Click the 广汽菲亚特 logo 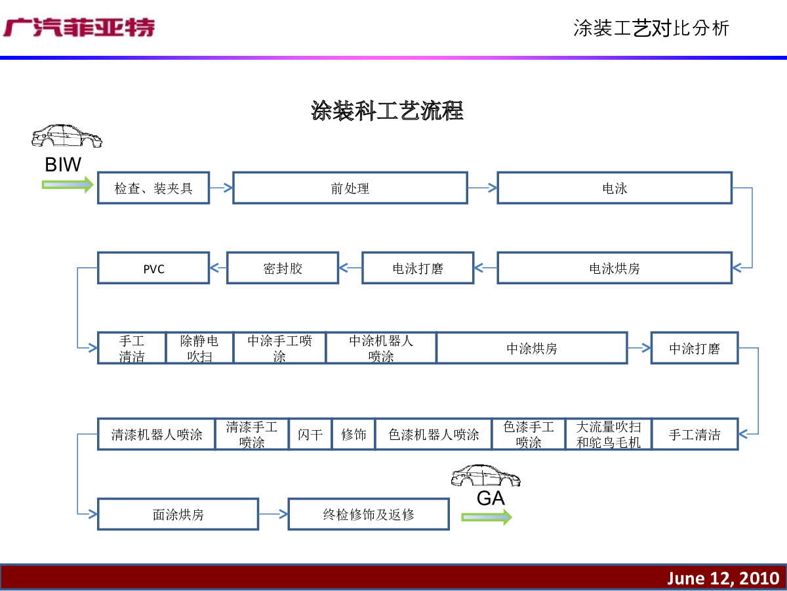(79, 28)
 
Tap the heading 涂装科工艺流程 (387, 110)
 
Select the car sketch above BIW (67, 136)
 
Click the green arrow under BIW (68, 185)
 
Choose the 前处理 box (350, 188)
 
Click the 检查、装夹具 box (153, 188)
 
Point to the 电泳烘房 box (614, 268)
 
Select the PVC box (153, 268)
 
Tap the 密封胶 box (283, 268)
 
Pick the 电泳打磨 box (418, 268)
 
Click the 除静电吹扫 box (199, 348)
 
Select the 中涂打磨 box (695, 348)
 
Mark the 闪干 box (310, 434)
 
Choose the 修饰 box (353, 434)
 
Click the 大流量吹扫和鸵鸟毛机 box (608, 434)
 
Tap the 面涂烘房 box (178, 514)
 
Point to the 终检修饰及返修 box (369, 514)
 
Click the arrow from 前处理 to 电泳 (483, 188)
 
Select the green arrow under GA (487, 517)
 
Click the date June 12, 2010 (723, 579)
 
